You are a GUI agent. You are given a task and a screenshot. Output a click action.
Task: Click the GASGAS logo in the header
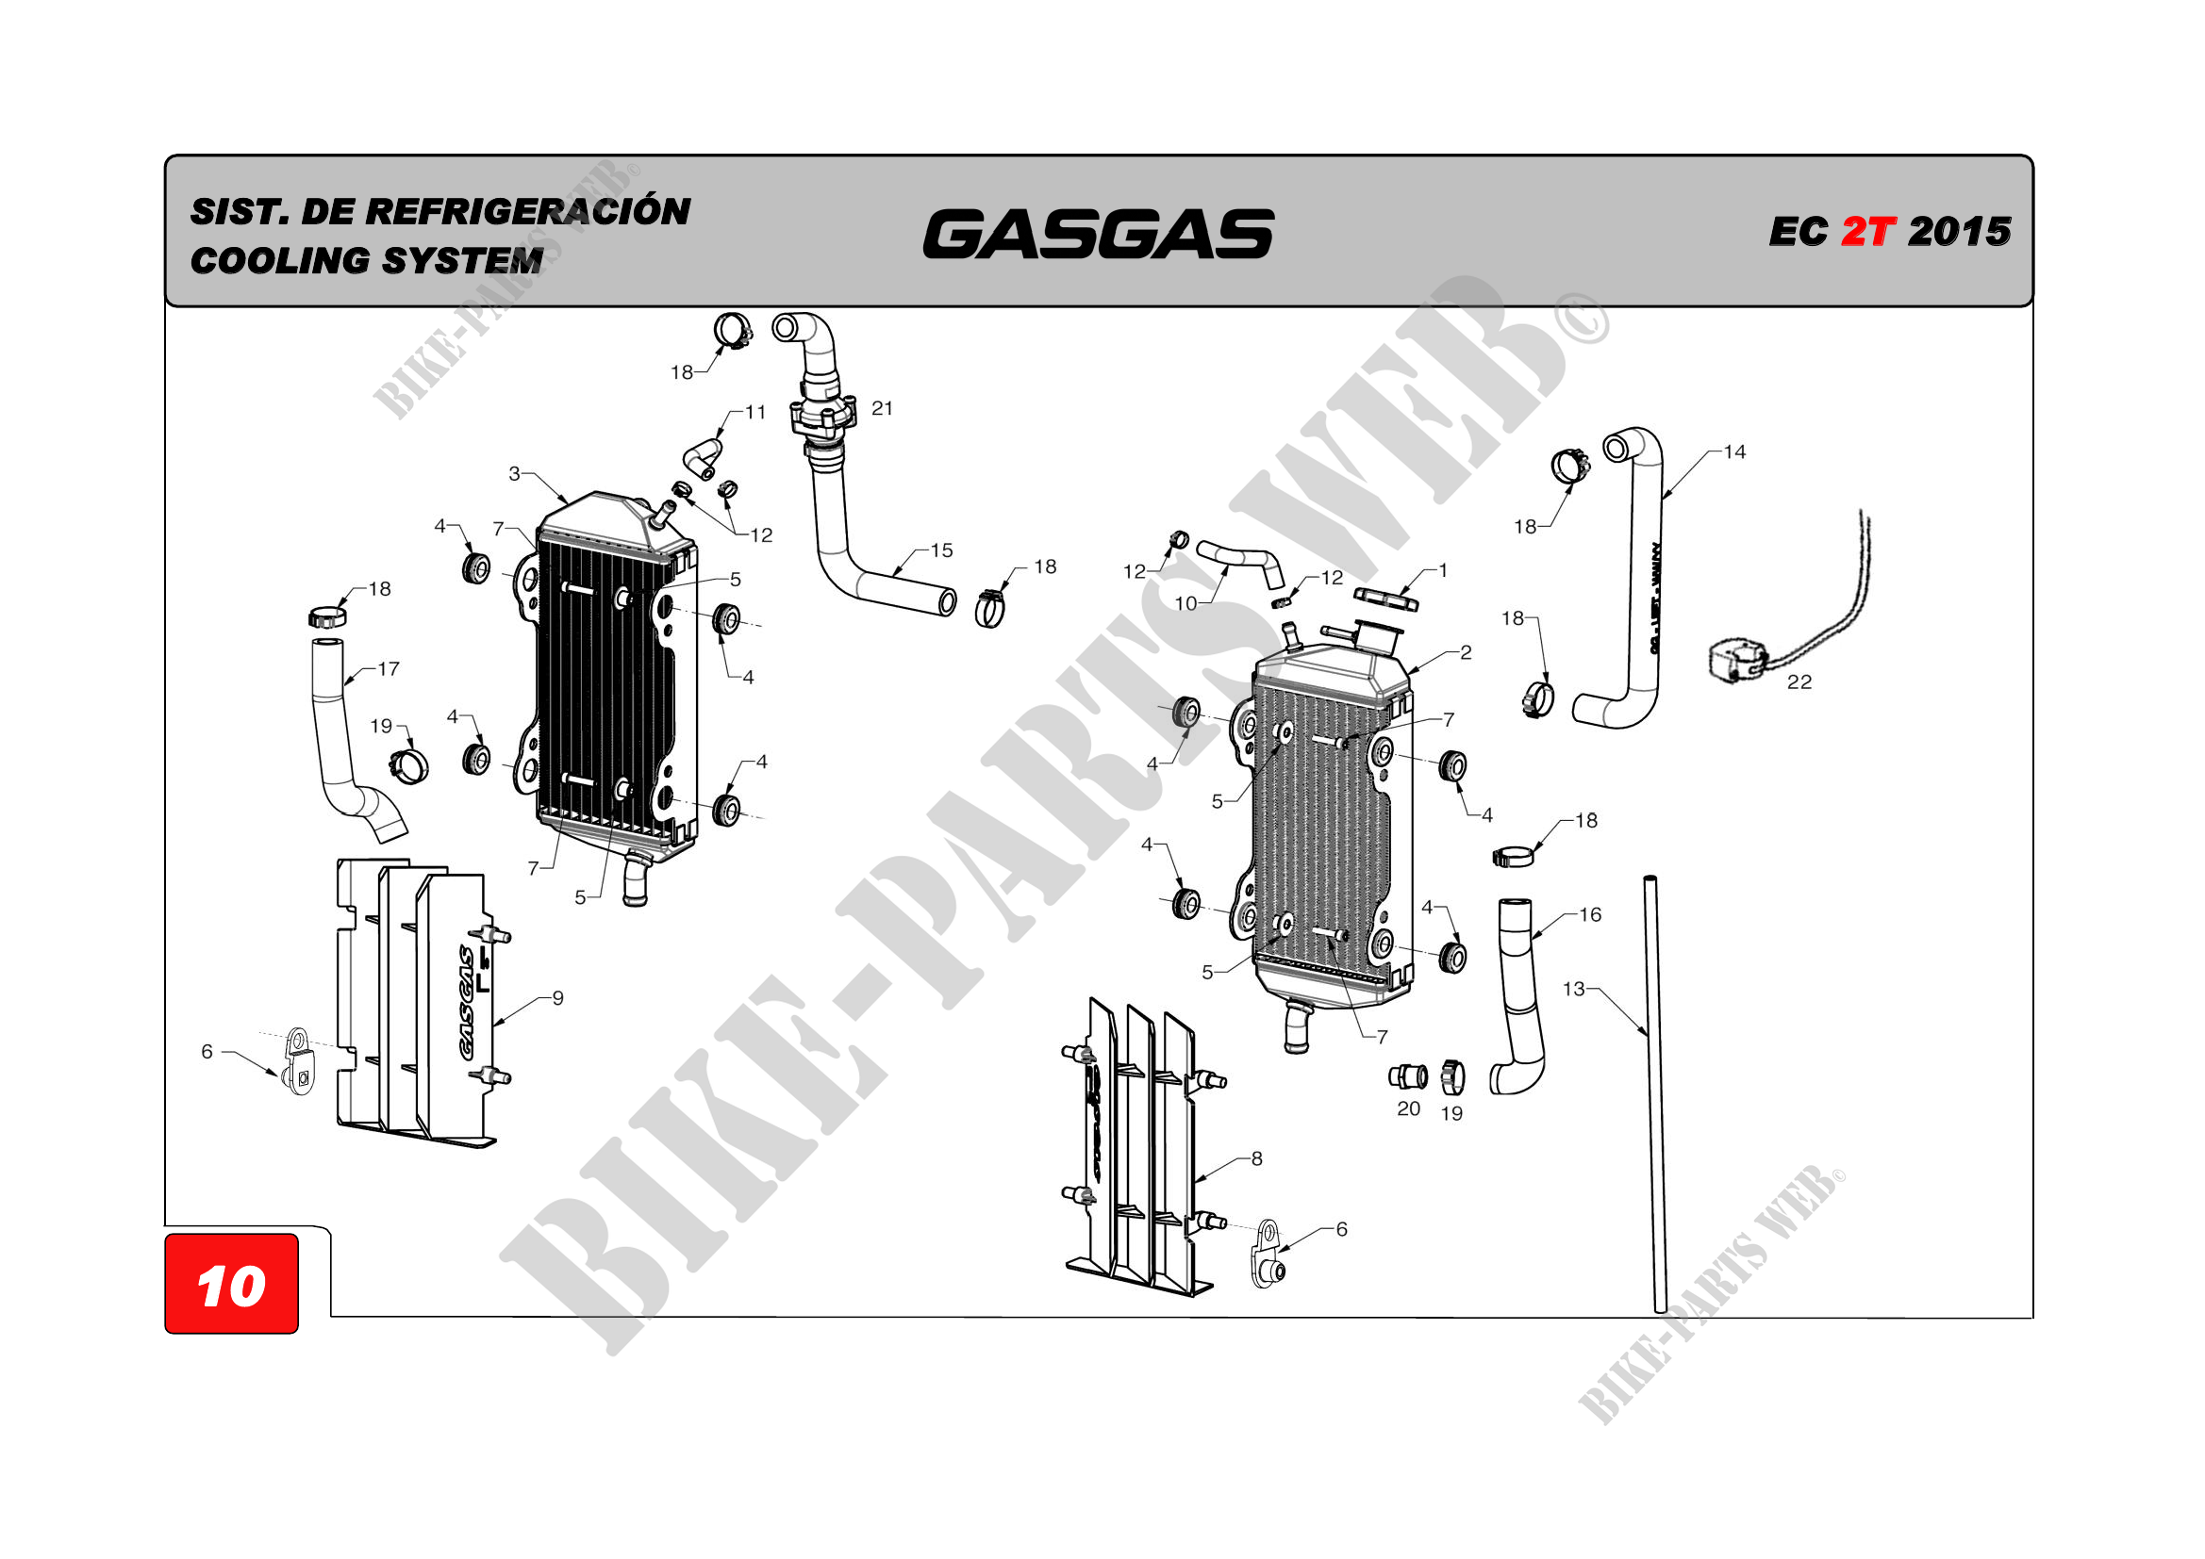point(1098,235)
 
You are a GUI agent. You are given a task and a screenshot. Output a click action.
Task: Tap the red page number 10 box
point(231,1285)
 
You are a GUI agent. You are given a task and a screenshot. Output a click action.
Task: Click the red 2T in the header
point(1867,231)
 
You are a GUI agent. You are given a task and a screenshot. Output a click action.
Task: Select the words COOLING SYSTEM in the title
point(367,260)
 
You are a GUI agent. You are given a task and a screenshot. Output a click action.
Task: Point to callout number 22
point(1799,682)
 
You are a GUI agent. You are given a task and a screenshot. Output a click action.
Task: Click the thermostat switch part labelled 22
point(1736,662)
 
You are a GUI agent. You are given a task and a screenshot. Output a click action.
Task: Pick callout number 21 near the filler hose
point(882,409)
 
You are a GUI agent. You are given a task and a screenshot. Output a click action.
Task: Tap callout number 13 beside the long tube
point(1573,989)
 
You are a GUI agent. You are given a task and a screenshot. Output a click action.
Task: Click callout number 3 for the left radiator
point(515,473)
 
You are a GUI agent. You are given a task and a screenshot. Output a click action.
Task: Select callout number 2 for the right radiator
point(1466,653)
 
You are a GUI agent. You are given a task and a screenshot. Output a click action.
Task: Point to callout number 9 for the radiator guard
point(557,998)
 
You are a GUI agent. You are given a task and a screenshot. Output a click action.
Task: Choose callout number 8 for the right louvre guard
point(1256,1158)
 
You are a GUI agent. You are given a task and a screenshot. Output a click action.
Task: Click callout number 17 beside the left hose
point(388,669)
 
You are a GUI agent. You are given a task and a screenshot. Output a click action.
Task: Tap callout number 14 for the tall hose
point(1734,452)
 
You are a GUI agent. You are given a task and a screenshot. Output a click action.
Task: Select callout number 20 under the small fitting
point(1408,1108)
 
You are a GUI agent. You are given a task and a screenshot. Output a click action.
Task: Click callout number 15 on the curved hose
point(941,551)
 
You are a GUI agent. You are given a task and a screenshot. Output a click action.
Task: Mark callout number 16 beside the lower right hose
point(1590,915)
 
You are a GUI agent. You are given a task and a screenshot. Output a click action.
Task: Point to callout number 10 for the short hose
point(1186,604)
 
